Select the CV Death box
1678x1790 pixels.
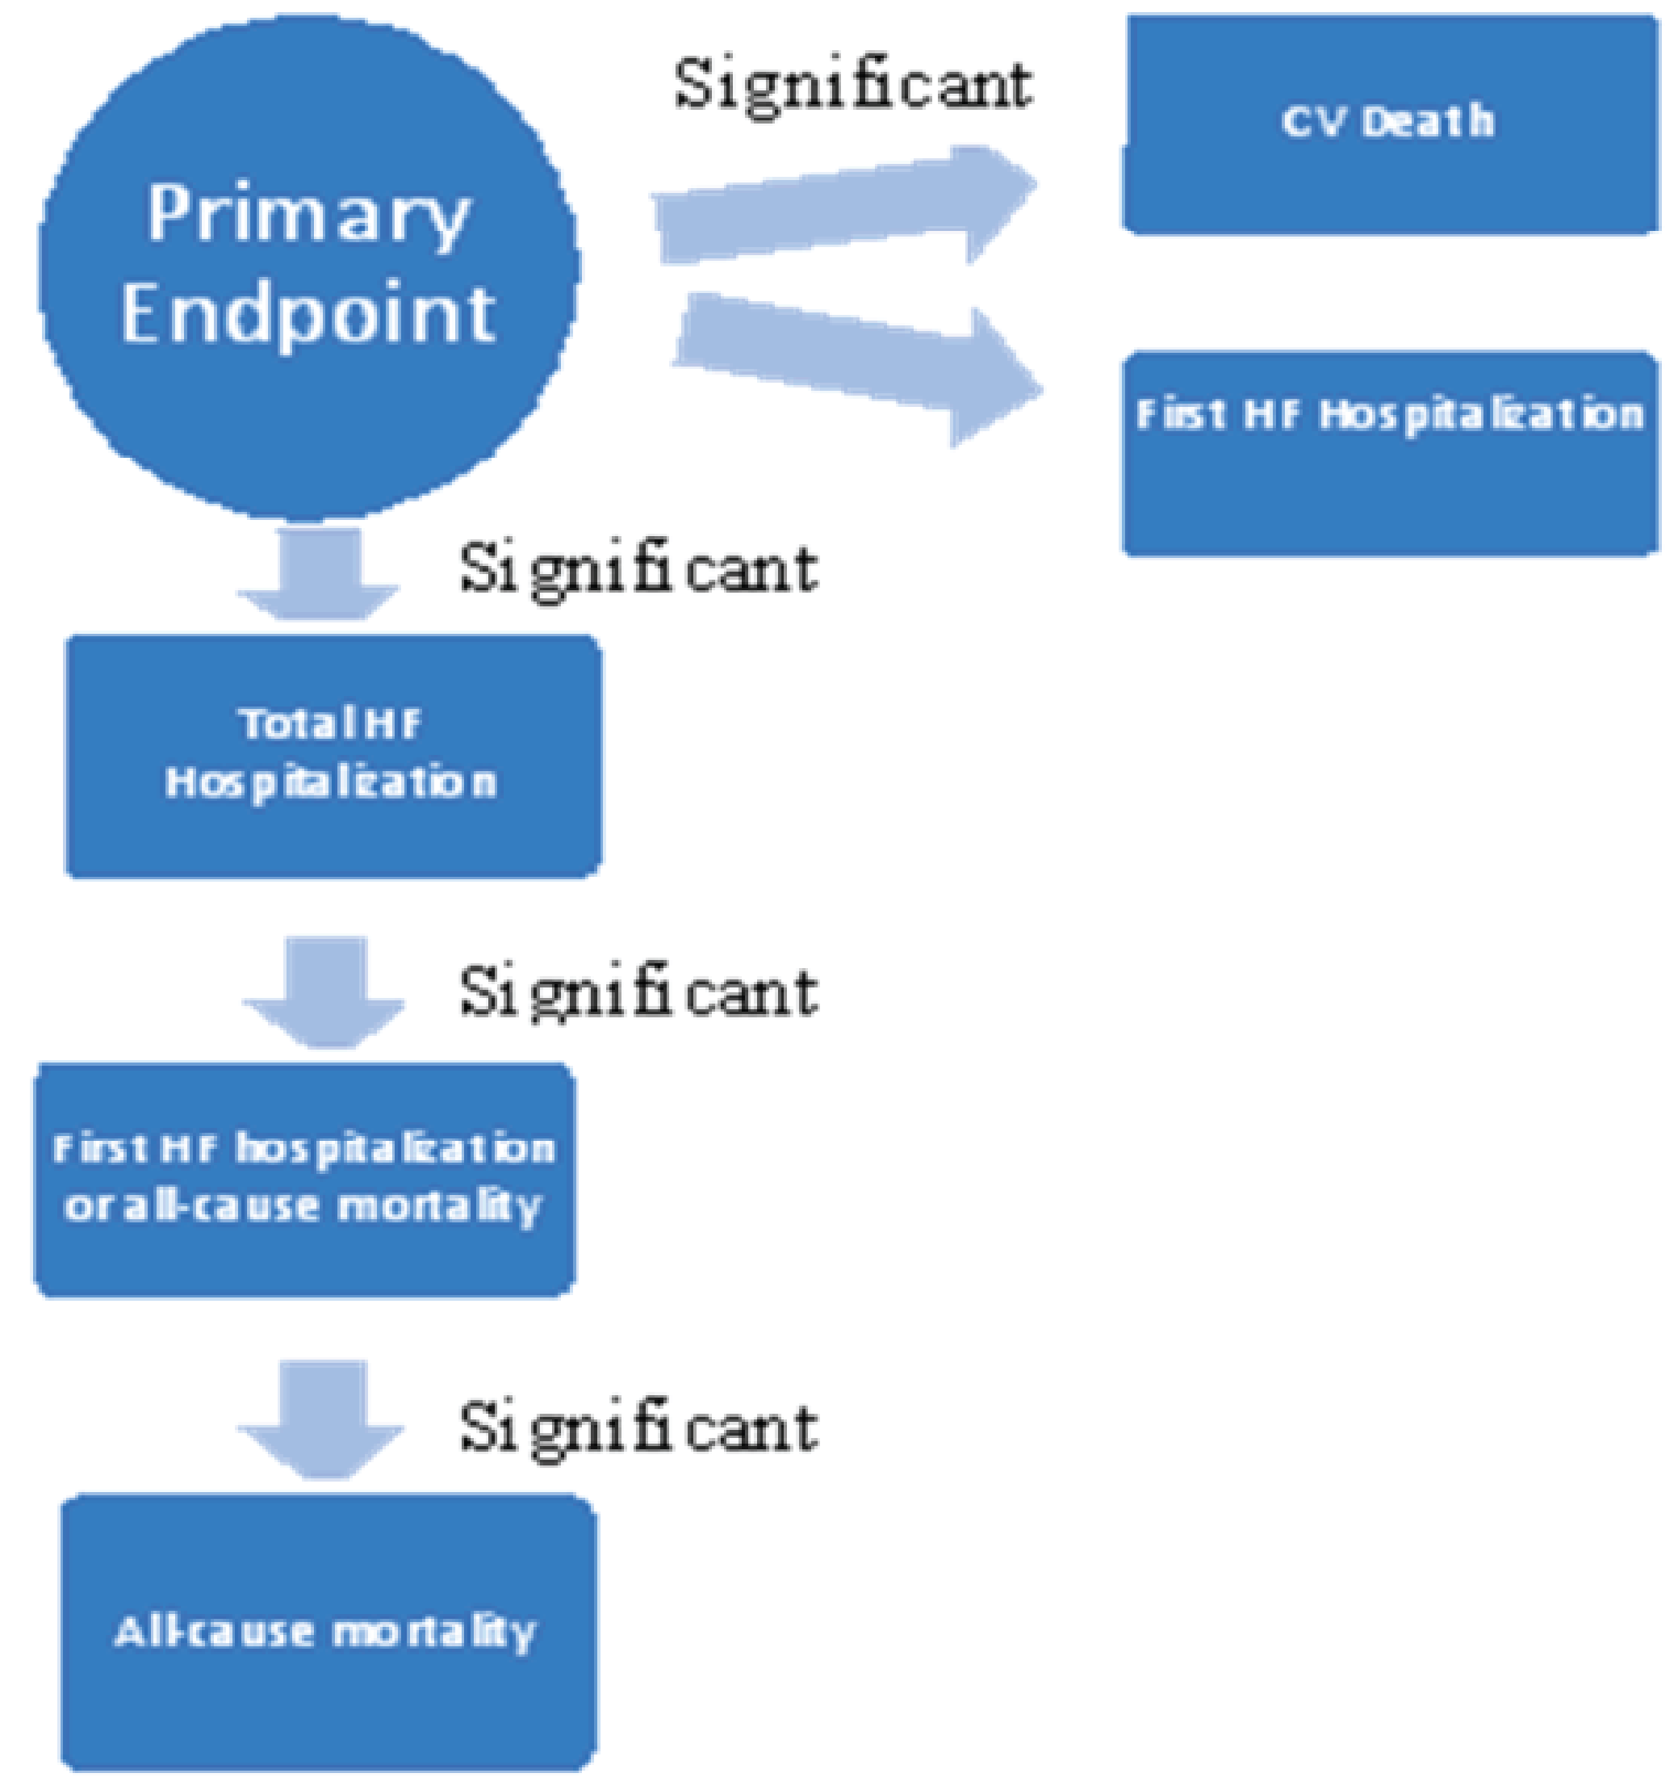coord(1389,124)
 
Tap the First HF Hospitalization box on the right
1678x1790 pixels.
coord(1389,453)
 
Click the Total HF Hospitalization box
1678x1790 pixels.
coord(333,756)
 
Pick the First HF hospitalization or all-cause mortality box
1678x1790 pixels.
coord(304,1180)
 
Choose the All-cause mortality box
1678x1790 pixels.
coord(328,1632)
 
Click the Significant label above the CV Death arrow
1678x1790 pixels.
coord(852,86)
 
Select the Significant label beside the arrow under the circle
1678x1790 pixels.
coord(638,569)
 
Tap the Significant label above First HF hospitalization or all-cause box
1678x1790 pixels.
coord(638,992)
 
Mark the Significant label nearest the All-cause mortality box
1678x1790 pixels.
coord(638,1427)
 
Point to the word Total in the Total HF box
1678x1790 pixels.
coord(279,723)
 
